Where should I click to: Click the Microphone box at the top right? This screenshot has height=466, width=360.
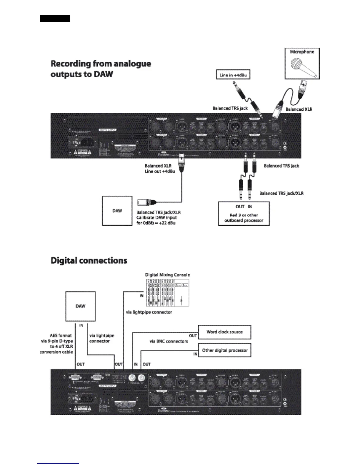pyautogui.click(x=302, y=63)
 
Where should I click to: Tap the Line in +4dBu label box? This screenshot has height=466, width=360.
pyautogui.click(x=233, y=75)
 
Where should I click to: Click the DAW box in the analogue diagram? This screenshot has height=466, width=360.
pyautogui.click(x=117, y=211)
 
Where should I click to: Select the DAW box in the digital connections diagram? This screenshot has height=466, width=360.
pyautogui.click(x=80, y=306)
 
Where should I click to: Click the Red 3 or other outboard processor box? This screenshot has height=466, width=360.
pyautogui.click(x=244, y=214)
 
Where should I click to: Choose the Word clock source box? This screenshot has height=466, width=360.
pyautogui.click(x=224, y=332)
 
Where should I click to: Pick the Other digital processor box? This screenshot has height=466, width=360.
pyautogui.click(x=225, y=350)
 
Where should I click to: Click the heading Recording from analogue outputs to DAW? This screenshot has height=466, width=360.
pyautogui.click(x=101, y=69)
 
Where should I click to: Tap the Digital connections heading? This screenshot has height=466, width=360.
pyautogui.click(x=89, y=260)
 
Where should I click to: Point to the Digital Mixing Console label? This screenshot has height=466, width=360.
pyautogui.click(x=167, y=275)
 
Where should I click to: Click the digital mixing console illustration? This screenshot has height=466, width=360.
pyautogui.click(x=167, y=292)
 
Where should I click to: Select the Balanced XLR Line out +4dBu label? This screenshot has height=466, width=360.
pyautogui.click(x=159, y=169)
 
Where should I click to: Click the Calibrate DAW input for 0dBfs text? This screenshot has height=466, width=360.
pyautogui.click(x=156, y=220)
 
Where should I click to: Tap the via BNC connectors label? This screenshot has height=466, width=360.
pyautogui.click(x=169, y=341)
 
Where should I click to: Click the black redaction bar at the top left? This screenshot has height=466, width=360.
pyautogui.click(x=55, y=19)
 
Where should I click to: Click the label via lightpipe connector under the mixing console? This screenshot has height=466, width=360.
pyautogui.click(x=149, y=312)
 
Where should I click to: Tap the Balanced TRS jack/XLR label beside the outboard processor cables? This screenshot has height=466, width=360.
pyautogui.click(x=281, y=193)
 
